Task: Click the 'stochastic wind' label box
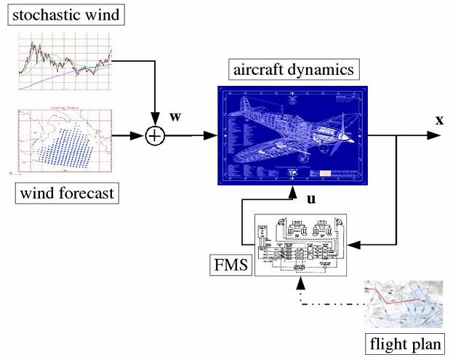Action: tap(65, 14)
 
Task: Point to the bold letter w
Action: tap(175, 117)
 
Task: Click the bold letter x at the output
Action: tap(439, 119)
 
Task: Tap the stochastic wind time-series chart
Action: tap(65, 61)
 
